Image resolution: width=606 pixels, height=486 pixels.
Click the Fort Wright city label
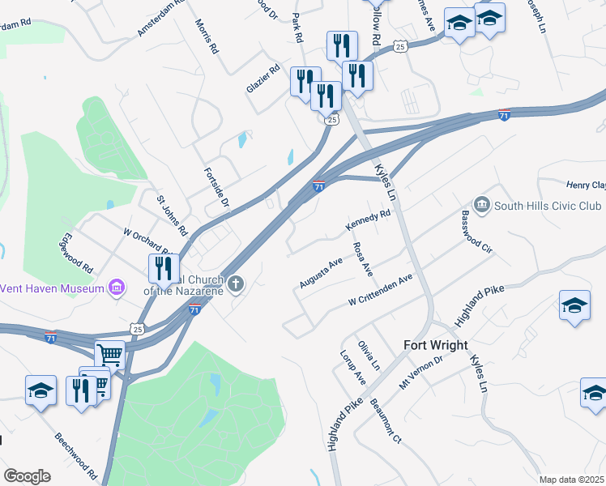436,345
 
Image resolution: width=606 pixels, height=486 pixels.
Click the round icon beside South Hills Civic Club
483,203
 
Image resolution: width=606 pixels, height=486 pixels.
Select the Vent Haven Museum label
53,288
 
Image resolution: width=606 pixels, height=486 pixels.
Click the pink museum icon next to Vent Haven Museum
117,287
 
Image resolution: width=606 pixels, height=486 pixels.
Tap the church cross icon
236,283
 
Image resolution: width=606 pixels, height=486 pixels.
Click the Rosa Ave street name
361,257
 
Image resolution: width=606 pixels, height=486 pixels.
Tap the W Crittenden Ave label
381,290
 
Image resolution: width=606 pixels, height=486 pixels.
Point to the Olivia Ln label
369,356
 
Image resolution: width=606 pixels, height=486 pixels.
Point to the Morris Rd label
207,38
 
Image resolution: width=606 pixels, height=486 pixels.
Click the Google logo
27,475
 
